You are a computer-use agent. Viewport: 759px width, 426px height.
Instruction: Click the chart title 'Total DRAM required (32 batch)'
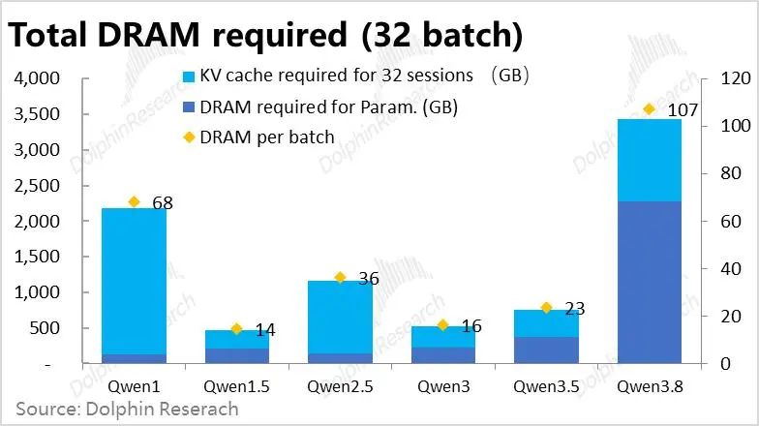coord(265,35)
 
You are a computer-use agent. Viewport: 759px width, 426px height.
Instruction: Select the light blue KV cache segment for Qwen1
coord(134,281)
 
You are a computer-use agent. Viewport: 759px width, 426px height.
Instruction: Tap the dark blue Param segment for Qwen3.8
coord(650,283)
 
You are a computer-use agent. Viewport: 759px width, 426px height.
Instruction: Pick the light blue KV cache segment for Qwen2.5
coord(341,318)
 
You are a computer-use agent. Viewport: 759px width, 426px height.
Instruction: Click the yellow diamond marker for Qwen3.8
coord(649,109)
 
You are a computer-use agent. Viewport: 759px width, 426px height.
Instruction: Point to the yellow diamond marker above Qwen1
coord(134,201)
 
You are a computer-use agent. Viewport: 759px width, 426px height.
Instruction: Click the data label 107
coord(683,110)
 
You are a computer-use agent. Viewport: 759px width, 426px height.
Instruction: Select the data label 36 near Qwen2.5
coord(369,279)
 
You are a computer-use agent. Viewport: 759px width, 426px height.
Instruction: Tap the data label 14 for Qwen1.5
coord(265,330)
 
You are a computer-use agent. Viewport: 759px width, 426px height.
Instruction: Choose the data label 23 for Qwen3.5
coord(575,308)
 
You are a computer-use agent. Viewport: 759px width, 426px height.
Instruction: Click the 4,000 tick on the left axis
coord(37,78)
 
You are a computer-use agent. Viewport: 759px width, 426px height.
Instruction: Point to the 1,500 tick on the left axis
coord(37,257)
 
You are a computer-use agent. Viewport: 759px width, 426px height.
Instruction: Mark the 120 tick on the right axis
coord(736,77)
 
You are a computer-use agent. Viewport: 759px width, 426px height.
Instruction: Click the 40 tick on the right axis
coord(731,268)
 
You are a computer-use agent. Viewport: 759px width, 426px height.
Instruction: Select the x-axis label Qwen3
coord(443,386)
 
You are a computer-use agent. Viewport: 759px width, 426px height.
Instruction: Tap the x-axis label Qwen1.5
coord(236,386)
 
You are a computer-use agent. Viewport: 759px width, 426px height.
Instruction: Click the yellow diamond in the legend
coord(189,137)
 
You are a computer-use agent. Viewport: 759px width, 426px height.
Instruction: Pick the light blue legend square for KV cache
coord(189,76)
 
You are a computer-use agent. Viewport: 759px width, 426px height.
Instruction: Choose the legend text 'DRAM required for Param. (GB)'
coord(329,106)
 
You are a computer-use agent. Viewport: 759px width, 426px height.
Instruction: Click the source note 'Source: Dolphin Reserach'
coord(128,409)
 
